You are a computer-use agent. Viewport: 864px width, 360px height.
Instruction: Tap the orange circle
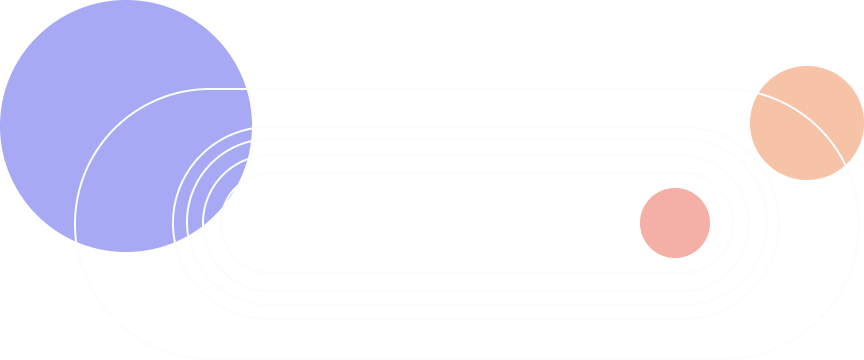pyautogui.click(x=806, y=122)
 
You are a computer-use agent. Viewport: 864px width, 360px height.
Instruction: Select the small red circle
pyautogui.click(x=675, y=223)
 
